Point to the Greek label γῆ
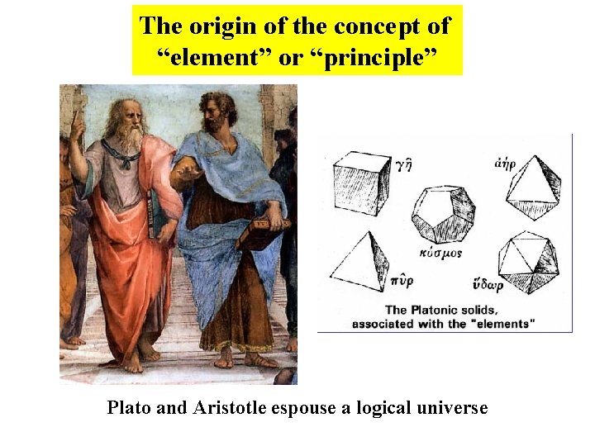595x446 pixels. click(403, 165)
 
